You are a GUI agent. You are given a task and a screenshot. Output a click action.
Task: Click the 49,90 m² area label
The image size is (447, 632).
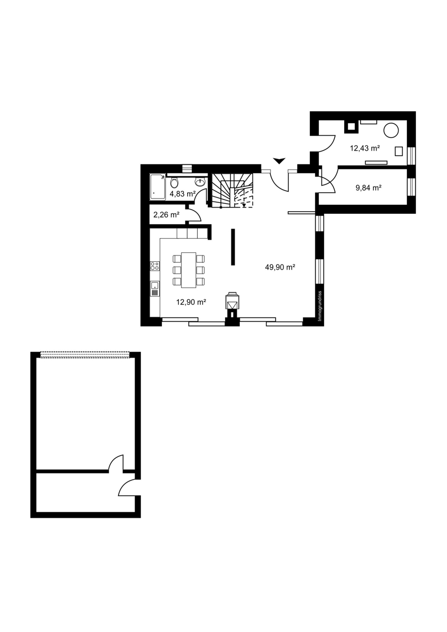pyautogui.click(x=280, y=267)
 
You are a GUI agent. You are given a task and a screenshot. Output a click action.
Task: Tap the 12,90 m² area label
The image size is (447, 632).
pyautogui.click(x=191, y=302)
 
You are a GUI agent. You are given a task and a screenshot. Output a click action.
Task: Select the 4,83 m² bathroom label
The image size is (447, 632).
pyautogui.click(x=182, y=194)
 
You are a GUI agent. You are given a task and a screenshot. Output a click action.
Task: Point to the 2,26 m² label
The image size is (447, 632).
pyautogui.click(x=167, y=215)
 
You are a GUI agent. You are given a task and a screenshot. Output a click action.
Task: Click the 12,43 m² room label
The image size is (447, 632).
pyautogui.click(x=365, y=148)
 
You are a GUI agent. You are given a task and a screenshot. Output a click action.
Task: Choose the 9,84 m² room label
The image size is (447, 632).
pyautogui.click(x=368, y=187)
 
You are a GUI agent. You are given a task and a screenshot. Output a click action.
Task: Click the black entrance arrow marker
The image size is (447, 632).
pyautogui.click(x=279, y=161)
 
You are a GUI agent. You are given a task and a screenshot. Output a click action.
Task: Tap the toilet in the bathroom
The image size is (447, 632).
pyautogui.click(x=174, y=183)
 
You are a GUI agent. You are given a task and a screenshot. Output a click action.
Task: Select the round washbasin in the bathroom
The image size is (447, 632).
pyautogui.click(x=200, y=182)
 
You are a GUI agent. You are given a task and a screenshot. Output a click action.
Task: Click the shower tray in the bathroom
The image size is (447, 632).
pyautogui.click(x=158, y=187)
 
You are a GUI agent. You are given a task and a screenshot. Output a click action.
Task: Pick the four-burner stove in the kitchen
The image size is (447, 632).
pyautogui.click(x=155, y=266)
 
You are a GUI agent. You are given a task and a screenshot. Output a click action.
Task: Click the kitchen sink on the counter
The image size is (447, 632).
pyautogui.click(x=155, y=289)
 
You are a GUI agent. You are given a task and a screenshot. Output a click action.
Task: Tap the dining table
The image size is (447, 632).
pyautogui.click(x=189, y=270)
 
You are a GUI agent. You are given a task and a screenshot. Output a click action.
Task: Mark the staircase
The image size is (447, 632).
pyautogui.click(x=232, y=190)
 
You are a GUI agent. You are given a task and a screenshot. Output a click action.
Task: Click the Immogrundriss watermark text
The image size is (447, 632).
pyautogui.click(x=319, y=306)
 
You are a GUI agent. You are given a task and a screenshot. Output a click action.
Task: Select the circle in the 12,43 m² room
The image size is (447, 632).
pyautogui.click(x=391, y=131)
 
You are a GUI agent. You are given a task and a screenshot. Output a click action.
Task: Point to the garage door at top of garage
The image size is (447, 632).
pyautogui.click(x=85, y=354)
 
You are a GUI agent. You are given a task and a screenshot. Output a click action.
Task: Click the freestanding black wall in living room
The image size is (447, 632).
pyautogui.click(x=233, y=247)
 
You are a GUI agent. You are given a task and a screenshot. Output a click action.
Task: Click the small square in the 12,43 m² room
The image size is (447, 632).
pyautogui.click(x=399, y=151)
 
